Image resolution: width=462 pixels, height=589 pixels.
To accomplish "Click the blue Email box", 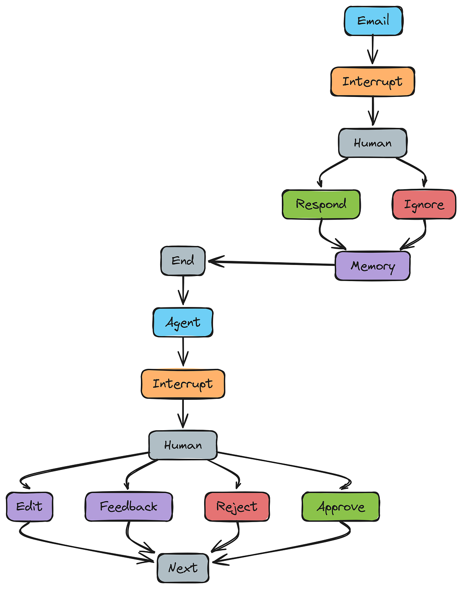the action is [373, 21].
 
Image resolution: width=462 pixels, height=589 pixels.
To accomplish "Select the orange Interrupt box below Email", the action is [372, 82].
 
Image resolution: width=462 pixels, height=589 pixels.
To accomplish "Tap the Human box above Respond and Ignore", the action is [372, 143].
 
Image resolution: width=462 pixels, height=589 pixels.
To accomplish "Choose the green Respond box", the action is [321, 204].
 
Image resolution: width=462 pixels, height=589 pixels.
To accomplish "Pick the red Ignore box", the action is [424, 204].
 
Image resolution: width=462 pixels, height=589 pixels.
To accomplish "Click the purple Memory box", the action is [372, 266].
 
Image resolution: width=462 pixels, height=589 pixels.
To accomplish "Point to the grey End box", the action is [183, 261].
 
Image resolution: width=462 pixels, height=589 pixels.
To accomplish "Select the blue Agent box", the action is [183, 322].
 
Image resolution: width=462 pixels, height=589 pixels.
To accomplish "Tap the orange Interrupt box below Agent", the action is [183, 384].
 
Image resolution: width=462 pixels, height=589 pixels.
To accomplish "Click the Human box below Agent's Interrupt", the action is [183, 445].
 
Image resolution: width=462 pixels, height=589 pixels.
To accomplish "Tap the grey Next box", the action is [183, 568].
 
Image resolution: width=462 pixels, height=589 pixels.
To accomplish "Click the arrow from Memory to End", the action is [271, 263].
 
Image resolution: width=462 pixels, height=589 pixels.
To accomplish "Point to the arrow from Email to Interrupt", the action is [372, 49].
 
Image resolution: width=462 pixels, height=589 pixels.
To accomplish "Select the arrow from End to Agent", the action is [183, 290].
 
